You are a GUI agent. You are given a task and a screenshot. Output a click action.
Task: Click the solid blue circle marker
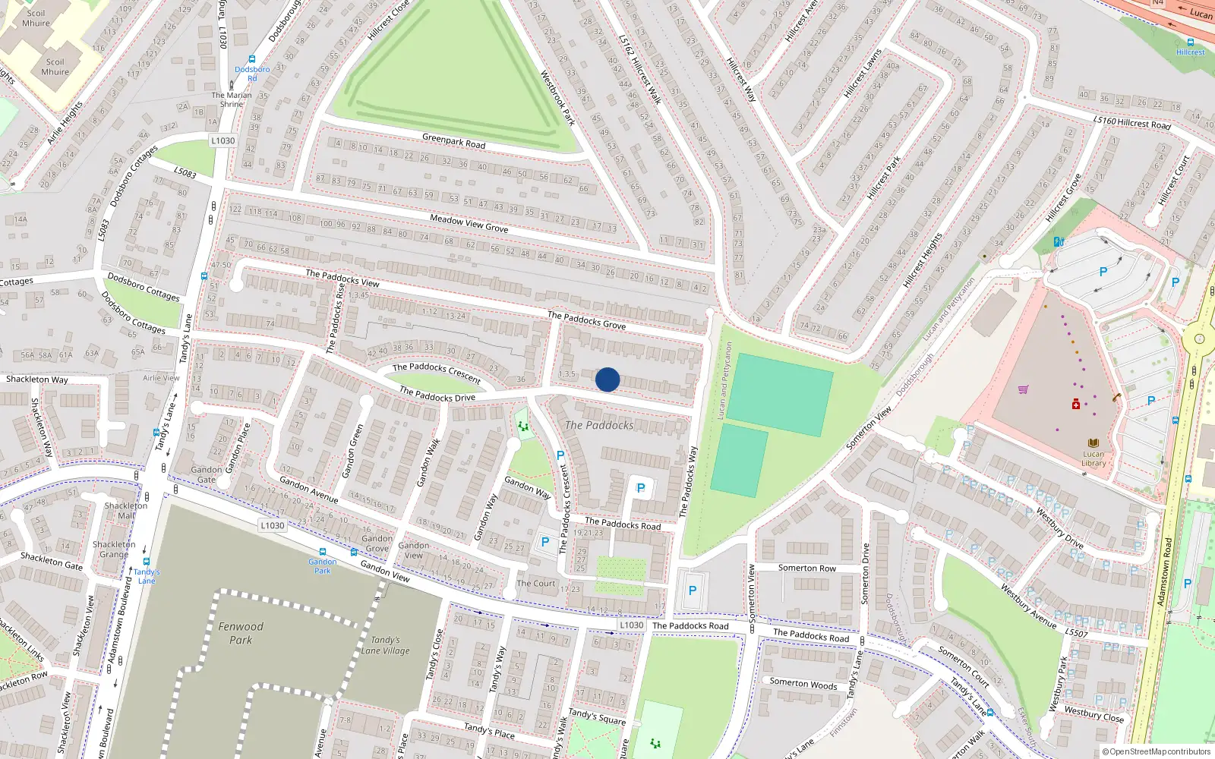[x=607, y=379]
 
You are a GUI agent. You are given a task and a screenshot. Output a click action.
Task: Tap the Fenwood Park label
[x=241, y=633]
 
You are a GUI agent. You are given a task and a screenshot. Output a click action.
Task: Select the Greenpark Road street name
[x=453, y=140]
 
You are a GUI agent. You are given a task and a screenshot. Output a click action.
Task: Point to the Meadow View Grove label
[x=469, y=222]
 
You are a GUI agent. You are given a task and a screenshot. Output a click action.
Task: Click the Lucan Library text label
[x=1093, y=458]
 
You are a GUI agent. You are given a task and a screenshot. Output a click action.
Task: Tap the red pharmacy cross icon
[x=1076, y=405]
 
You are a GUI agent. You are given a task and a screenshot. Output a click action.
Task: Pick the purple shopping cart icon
[x=1023, y=389]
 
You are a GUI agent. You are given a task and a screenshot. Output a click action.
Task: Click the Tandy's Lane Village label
[x=385, y=645]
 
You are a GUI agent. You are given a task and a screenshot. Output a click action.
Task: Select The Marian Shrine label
[x=232, y=99]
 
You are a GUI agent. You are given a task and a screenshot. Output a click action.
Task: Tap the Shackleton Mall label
[x=126, y=510]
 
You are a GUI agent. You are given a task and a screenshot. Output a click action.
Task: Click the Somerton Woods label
[x=803, y=683]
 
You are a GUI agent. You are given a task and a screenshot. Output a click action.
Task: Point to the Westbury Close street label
[x=1093, y=714]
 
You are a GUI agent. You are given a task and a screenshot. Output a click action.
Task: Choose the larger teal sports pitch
[x=780, y=394]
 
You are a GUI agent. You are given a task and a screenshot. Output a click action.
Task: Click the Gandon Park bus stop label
[x=323, y=566]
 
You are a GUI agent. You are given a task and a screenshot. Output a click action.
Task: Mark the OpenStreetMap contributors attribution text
[x=1157, y=751]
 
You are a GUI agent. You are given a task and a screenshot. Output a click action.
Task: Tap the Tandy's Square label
[x=597, y=716]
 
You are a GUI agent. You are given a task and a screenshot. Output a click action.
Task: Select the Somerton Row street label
[x=806, y=568]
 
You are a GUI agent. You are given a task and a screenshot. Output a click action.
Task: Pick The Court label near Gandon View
[x=536, y=583]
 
